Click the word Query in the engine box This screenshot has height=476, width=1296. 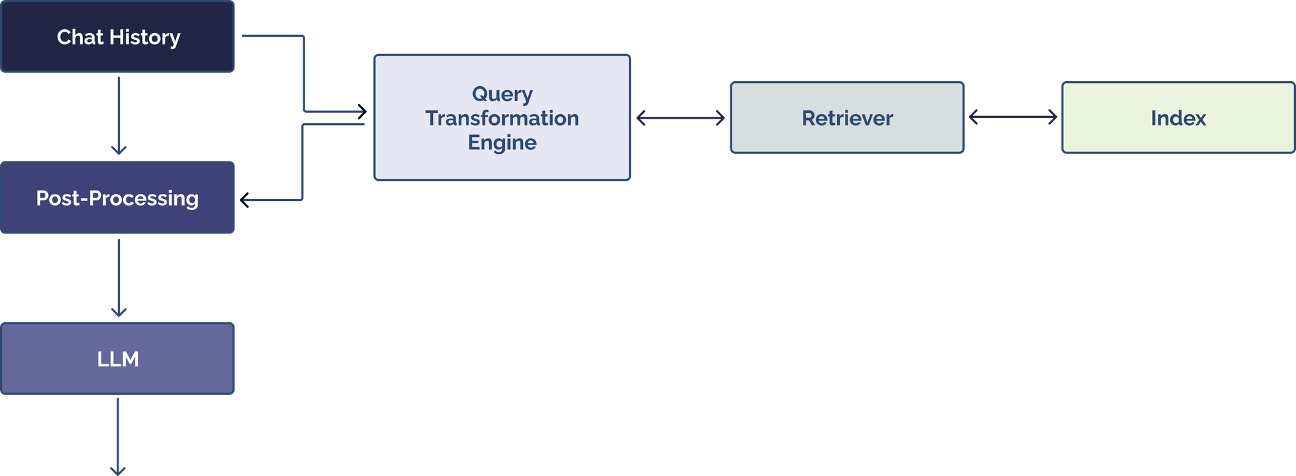point(502,94)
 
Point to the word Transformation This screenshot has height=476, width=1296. point(502,118)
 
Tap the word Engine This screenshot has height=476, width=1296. point(502,142)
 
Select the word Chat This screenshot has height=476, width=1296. point(80,37)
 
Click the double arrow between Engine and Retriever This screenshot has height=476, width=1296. point(680,118)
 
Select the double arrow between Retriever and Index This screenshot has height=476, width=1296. point(1013,117)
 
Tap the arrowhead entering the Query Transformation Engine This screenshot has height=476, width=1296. point(363,112)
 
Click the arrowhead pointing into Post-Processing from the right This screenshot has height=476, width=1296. point(244,200)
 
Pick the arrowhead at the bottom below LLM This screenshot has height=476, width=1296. point(119,470)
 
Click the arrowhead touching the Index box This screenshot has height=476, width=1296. point(1054,117)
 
